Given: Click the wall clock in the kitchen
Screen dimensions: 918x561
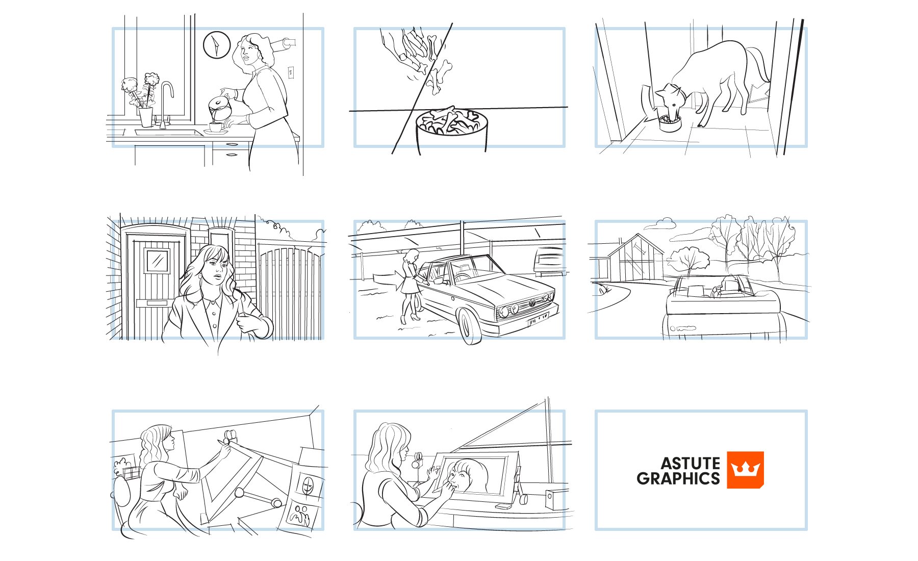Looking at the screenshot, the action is click(x=217, y=45).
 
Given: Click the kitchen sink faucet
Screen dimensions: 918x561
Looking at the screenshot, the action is click(x=166, y=102).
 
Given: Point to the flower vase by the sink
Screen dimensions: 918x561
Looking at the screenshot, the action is click(x=146, y=117).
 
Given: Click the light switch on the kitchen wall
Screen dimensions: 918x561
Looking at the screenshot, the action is click(x=291, y=72).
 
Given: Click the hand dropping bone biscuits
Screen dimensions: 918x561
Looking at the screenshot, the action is click(x=405, y=46).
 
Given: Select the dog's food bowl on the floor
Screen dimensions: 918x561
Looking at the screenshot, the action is click(x=670, y=123).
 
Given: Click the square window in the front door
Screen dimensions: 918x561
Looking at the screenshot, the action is click(x=158, y=261).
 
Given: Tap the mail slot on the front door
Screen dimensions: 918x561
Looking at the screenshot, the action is click(x=152, y=303).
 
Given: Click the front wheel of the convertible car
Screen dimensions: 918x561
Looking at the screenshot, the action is click(x=470, y=326).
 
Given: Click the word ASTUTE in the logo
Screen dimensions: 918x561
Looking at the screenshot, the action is click(x=691, y=463).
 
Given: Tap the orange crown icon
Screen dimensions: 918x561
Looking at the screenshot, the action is click(x=745, y=470).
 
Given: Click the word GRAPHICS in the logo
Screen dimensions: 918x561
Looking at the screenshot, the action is click(x=678, y=478).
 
